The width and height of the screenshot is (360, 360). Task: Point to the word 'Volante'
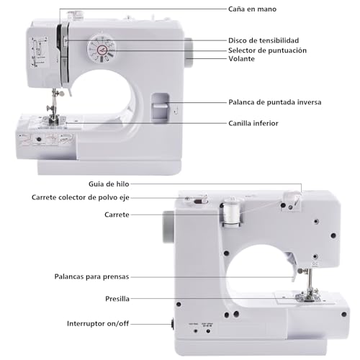point(242,60)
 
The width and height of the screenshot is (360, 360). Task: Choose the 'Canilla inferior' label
point(253,123)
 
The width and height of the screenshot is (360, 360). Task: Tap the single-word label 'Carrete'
point(117,215)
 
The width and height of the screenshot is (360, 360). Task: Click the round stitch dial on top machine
point(101,50)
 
